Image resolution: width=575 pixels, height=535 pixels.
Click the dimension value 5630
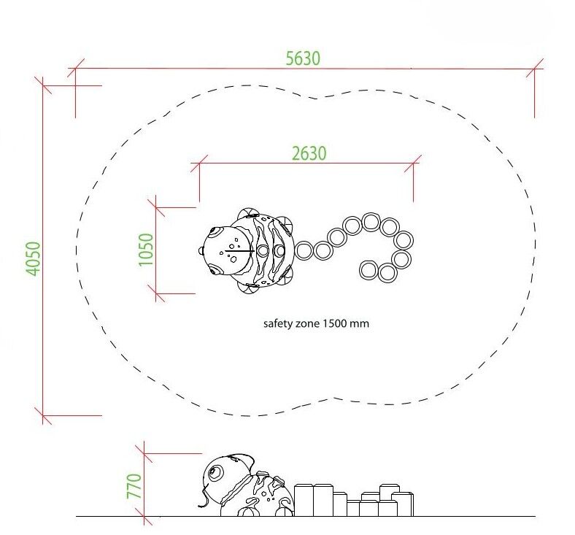(x=303, y=58)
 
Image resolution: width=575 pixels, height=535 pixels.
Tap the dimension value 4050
(x=33, y=258)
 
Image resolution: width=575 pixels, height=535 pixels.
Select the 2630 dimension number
(x=309, y=153)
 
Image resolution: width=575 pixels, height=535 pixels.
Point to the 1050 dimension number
(x=146, y=250)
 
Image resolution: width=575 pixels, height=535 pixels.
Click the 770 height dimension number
(x=134, y=486)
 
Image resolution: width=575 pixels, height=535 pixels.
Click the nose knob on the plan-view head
(x=201, y=251)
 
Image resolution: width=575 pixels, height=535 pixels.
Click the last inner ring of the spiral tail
(x=368, y=270)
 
